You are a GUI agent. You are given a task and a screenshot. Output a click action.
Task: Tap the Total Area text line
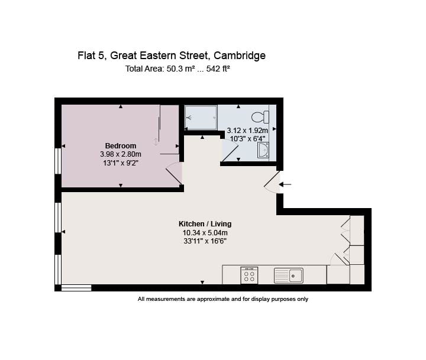coord(177,69)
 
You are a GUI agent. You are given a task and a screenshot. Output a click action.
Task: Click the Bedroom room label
coord(121,146)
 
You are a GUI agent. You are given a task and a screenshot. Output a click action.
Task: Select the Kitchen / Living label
coord(205,224)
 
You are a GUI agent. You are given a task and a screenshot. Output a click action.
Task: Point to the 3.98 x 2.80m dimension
coord(121,154)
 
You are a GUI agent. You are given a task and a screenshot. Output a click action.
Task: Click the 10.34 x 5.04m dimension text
coord(205,232)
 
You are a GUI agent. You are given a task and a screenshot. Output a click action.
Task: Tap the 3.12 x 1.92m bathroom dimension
coord(247,131)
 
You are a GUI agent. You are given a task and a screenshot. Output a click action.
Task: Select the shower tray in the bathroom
coord(201,117)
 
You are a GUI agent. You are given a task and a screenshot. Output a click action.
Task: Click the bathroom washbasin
coord(263,151)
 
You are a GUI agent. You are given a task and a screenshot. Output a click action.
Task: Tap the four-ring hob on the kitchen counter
coord(249,275)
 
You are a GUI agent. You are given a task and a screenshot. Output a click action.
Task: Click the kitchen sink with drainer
coord(288,275)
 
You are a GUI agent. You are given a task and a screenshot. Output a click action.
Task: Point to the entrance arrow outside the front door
coord(285,184)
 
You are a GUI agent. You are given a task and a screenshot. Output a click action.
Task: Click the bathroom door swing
coord(230,153)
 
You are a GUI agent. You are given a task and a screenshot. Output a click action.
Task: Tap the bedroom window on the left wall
coord(57,161)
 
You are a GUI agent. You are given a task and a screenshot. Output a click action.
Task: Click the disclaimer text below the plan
coord(223,299)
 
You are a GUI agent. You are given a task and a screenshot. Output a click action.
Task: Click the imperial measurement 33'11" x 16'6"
coord(205,241)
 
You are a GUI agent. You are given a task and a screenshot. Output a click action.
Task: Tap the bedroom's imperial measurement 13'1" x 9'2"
coord(121,163)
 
